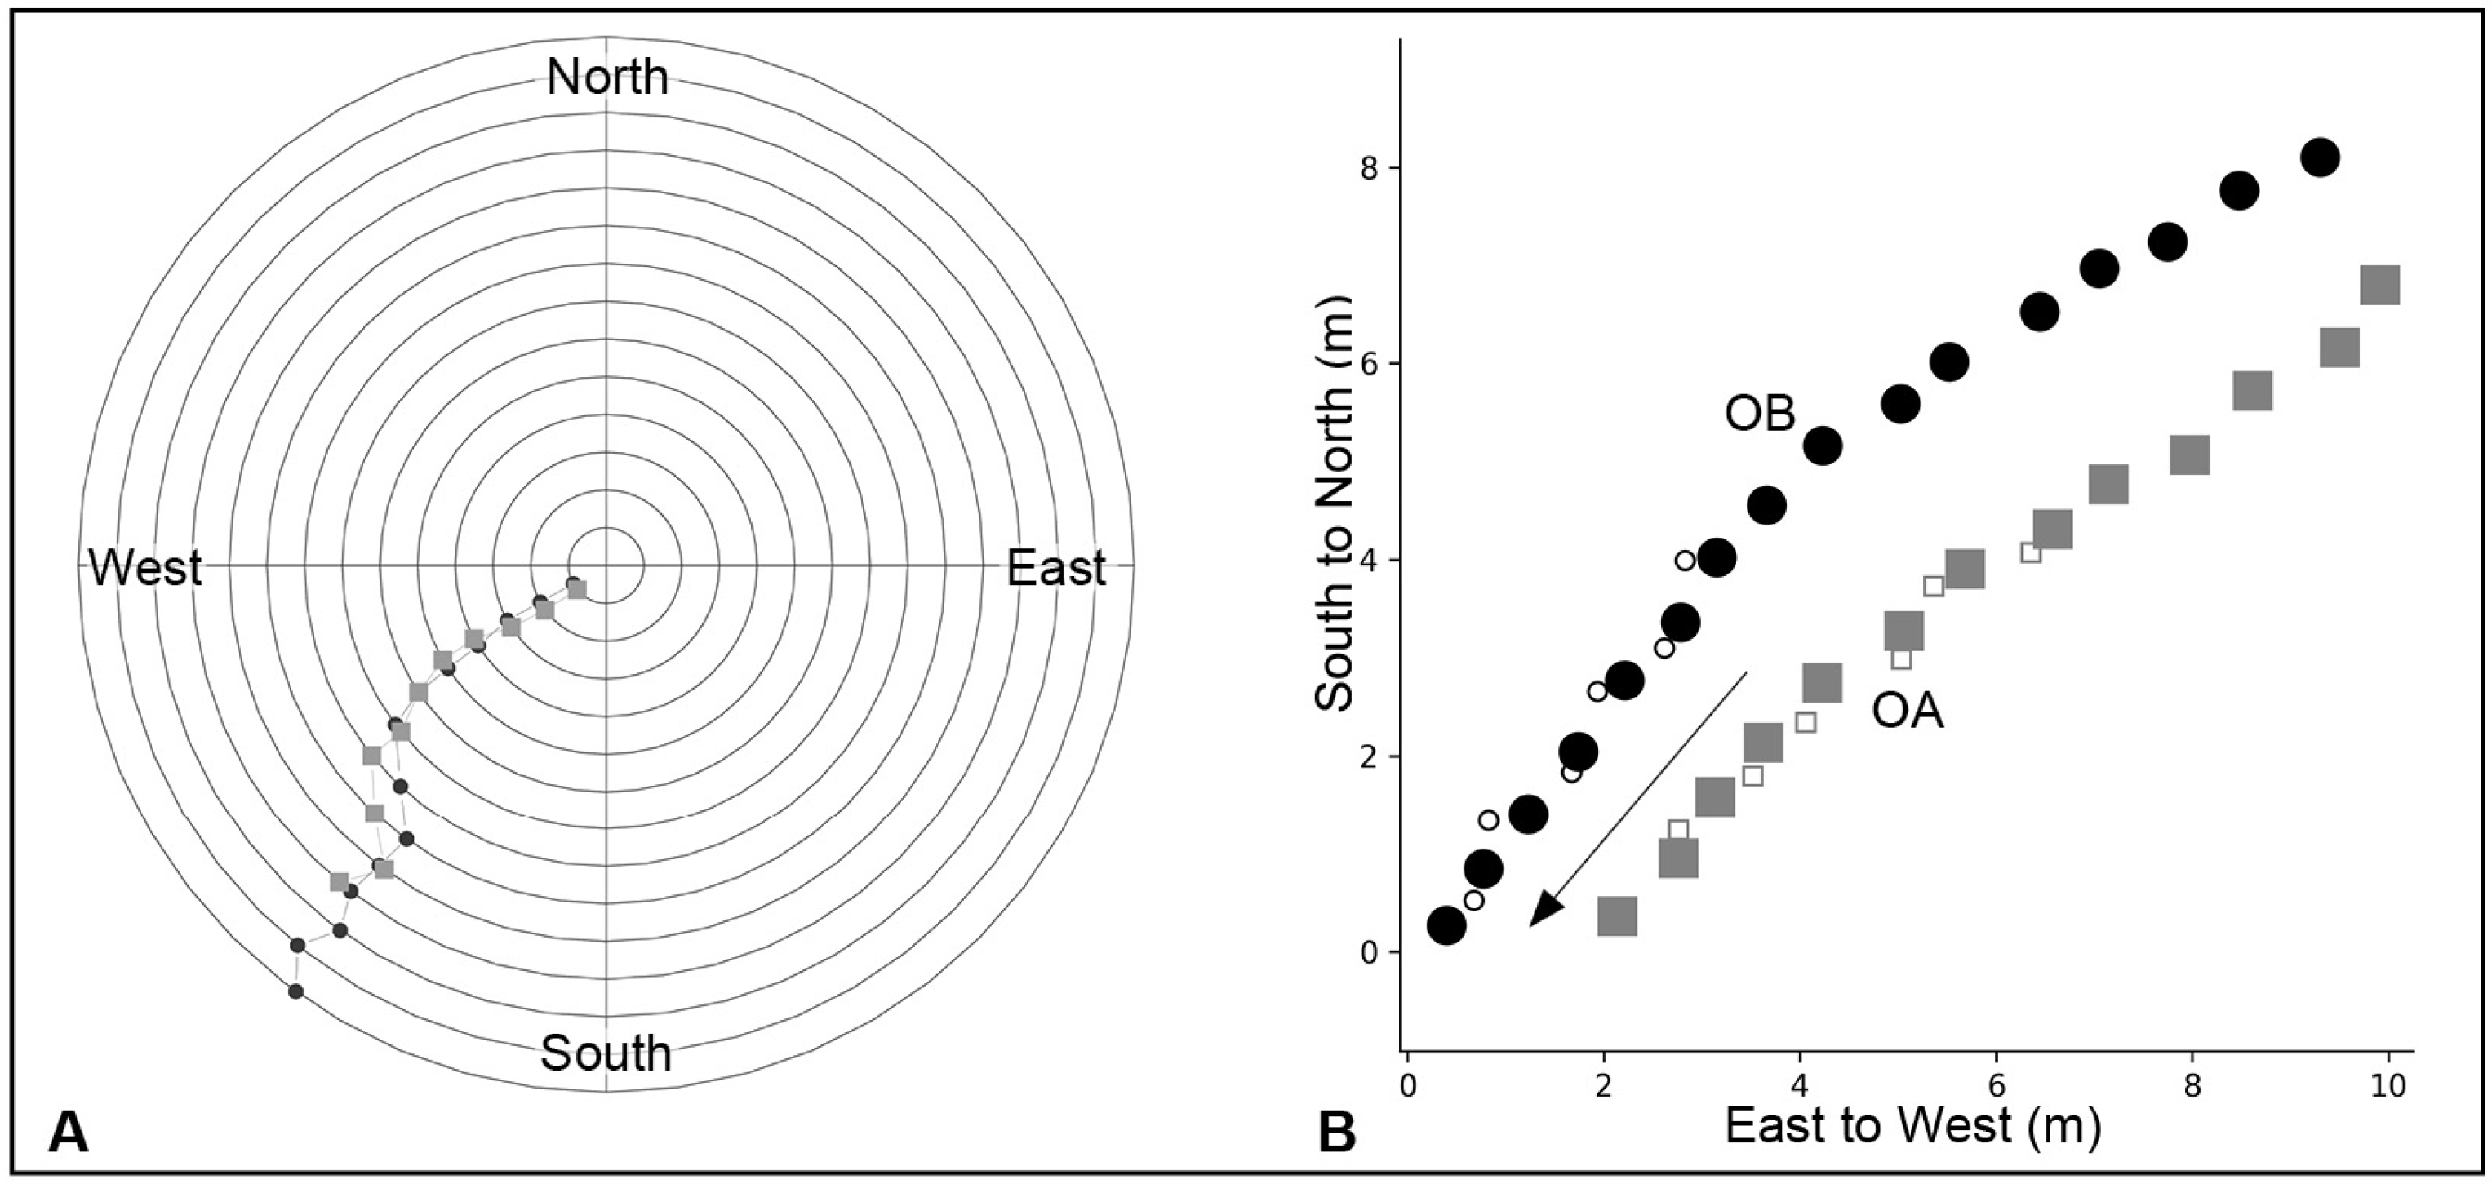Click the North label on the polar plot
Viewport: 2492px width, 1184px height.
point(606,78)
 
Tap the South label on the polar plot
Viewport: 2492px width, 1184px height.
point(606,1053)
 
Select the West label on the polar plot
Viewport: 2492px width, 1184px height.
point(145,568)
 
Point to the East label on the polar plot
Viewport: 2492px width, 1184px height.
point(1055,568)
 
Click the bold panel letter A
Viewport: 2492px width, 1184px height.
point(68,1133)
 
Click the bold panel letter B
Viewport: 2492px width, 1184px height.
point(1337,1133)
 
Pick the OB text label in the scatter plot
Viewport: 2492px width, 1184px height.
point(1760,414)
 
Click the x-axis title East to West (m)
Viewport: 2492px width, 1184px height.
point(1912,1125)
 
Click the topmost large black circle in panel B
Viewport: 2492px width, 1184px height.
point(2320,157)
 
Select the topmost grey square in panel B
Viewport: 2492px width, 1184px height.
point(2380,286)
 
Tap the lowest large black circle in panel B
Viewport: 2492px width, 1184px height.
point(1446,925)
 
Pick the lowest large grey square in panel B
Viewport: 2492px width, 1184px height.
point(1616,915)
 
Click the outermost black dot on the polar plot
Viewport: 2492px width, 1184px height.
point(296,991)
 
